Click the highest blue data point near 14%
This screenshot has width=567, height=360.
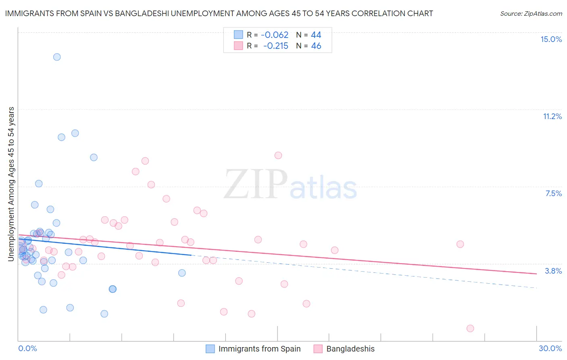[57, 57]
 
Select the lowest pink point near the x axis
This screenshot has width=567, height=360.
[470, 328]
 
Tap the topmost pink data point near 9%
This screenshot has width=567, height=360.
[278, 155]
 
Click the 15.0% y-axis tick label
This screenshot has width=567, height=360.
[551, 39]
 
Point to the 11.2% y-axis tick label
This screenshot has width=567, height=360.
[552, 116]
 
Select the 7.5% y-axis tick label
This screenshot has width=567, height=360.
[553, 193]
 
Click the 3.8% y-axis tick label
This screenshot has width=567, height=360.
[553, 271]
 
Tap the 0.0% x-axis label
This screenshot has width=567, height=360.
[27, 348]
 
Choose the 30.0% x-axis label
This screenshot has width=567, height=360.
[550, 348]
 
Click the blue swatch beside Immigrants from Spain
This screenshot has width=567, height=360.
[210, 349]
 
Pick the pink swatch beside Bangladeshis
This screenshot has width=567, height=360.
[318, 349]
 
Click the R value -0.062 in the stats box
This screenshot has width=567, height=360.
[274, 35]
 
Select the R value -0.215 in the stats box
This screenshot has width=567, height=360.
[275, 46]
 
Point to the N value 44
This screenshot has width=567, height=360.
[316, 35]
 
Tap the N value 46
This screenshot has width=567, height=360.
[316, 46]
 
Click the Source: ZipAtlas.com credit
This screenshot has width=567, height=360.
[531, 13]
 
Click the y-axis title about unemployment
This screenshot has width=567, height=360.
[11, 184]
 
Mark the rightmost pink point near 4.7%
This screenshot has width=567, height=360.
[460, 244]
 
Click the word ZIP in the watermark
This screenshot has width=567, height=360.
[255, 185]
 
